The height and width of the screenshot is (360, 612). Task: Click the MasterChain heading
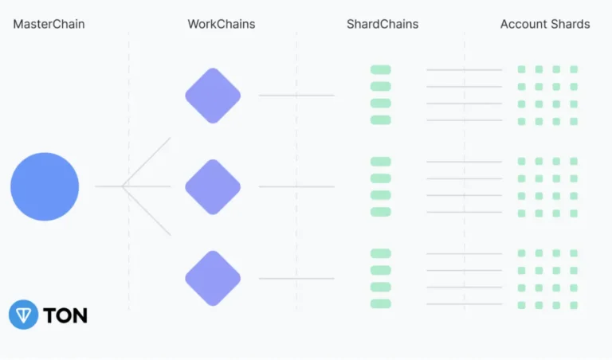(49, 24)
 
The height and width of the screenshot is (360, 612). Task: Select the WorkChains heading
(222, 24)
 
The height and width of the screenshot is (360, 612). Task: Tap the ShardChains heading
(382, 24)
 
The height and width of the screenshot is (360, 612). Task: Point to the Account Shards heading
(545, 24)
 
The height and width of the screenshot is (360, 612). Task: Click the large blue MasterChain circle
(45, 186)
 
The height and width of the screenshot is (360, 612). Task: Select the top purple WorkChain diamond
(213, 96)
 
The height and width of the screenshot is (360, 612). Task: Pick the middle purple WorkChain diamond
(213, 186)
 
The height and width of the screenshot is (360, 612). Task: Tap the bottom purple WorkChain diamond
(213, 278)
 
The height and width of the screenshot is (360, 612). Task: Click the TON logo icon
(23, 315)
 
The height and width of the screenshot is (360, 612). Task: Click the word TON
(65, 315)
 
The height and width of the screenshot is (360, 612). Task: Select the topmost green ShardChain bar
(381, 70)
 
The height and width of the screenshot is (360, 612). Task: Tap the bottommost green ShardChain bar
(381, 303)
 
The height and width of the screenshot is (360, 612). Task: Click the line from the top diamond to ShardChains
(296, 96)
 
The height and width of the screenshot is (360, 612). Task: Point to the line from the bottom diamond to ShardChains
(296, 279)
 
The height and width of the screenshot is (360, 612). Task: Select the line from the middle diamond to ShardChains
(296, 187)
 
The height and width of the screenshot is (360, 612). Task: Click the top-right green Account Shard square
(574, 69)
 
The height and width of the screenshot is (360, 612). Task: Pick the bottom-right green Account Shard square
(574, 305)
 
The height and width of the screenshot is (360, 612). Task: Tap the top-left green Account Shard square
(521, 69)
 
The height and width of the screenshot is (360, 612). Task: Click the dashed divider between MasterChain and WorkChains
(129, 239)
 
